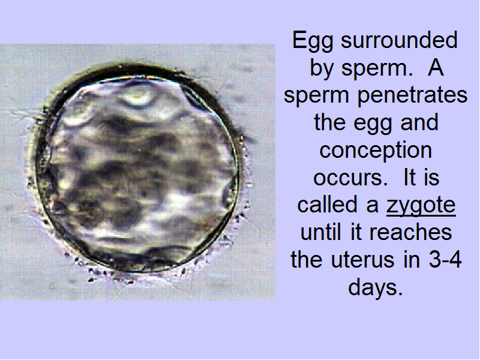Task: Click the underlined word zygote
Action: click(x=421, y=206)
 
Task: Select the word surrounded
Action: click(x=399, y=40)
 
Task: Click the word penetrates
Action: click(x=412, y=95)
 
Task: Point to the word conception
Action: click(x=376, y=151)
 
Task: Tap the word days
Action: click(x=376, y=289)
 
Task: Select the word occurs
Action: click(x=350, y=178)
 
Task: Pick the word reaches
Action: click(x=410, y=232)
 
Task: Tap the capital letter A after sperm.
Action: click(x=436, y=68)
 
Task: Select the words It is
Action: click(x=421, y=177)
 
